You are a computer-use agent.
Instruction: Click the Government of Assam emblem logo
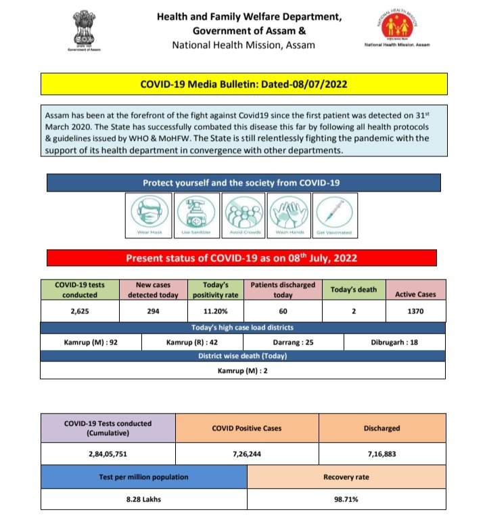click(83, 34)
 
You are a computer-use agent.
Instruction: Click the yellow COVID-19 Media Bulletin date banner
click(243, 85)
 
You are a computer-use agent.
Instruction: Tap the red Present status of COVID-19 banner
click(241, 258)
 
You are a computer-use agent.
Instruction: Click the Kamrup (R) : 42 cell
click(193, 342)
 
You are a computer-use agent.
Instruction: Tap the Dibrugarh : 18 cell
click(395, 342)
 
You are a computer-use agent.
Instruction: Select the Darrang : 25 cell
click(294, 342)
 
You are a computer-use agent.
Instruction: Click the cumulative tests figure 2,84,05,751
click(108, 454)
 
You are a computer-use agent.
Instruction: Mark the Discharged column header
click(381, 428)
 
